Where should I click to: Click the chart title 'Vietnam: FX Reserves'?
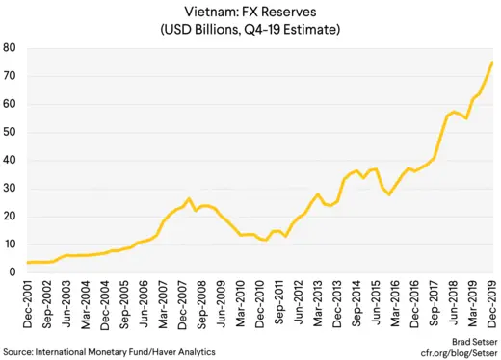[250, 11]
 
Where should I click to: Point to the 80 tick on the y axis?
[9, 47]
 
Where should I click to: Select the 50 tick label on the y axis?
[9, 132]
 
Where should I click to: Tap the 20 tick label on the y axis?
[9, 216]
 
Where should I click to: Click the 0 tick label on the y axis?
[12, 272]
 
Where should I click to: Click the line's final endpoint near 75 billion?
[493, 63]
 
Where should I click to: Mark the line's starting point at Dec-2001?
[28, 262]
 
